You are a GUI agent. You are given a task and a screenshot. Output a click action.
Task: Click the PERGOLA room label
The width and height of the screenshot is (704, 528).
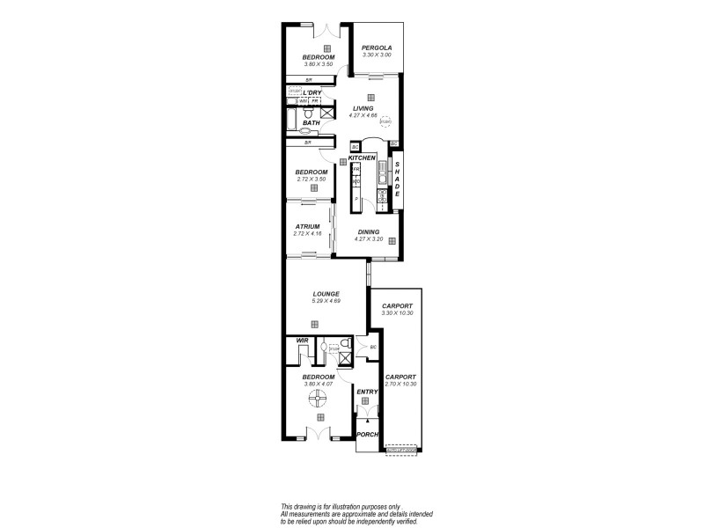(x=376, y=48)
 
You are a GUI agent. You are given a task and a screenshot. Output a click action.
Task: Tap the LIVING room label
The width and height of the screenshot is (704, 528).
(x=363, y=108)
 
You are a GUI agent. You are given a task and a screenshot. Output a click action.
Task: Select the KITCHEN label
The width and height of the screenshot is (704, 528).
(x=362, y=158)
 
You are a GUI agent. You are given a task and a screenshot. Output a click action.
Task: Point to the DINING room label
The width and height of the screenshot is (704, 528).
(x=368, y=231)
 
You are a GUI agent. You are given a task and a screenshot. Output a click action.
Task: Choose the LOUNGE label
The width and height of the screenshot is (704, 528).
(x=326, y=294)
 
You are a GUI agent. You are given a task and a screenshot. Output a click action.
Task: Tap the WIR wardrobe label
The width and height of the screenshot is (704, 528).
(x=301, y=340)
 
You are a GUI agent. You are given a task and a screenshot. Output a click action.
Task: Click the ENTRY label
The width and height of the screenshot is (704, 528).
(x=367, y=392)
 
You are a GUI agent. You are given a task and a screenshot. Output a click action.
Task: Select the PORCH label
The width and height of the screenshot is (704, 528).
(x=367, y=435)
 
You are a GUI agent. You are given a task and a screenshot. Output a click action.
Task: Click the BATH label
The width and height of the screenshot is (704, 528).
(x=311, y=123)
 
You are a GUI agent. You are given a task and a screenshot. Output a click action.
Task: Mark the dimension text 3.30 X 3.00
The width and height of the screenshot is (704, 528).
(x=376, y=55)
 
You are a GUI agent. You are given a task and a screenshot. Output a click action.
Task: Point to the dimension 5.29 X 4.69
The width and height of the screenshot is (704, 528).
(x=326, y=302)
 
